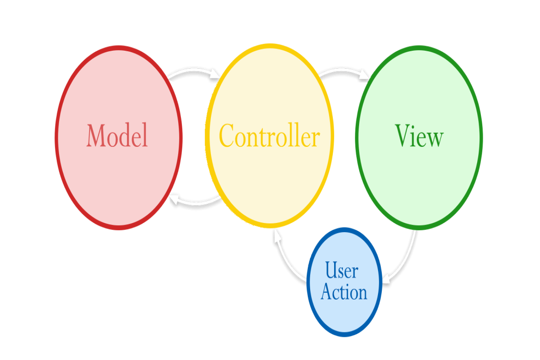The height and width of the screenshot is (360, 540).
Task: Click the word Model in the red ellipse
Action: point(117,135)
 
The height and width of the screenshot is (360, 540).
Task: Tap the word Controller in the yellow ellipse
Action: point(270,135)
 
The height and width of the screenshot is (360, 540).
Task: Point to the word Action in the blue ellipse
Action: point(344,292)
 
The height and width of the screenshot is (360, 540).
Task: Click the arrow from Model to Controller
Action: point(193,70)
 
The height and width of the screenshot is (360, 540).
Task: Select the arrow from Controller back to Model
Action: point(195,204)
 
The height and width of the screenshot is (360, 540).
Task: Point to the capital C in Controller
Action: point(227,135)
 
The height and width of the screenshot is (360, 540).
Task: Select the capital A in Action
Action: point(327,292)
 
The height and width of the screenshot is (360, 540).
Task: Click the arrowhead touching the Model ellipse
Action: point(174,199)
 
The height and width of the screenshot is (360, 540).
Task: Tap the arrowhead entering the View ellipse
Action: point(365,75)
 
